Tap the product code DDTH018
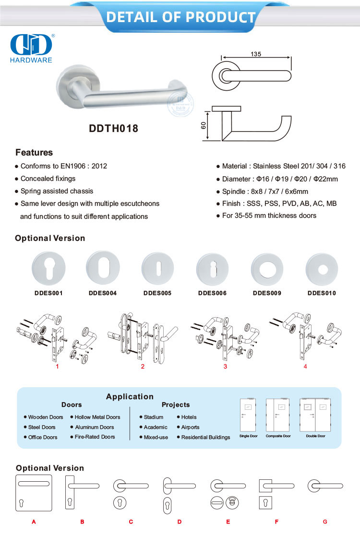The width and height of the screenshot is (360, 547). click(x=114, y=129)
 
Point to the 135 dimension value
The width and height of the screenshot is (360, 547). click(x=256, y=54)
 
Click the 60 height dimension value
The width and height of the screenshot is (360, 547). click(x=204, y=125)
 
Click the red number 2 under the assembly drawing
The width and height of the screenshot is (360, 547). click(x=143, y=367)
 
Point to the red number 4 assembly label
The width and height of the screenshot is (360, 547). click(x=305, y=367)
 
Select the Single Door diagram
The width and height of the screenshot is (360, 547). click(x=248, y=415)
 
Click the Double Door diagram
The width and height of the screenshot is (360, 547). click(x=315, y=415)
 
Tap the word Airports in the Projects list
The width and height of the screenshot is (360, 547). click(x=190, y=427)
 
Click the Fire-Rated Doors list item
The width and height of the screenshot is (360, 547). click(x=95, y=437)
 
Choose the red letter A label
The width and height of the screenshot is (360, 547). click(x=34, y=522)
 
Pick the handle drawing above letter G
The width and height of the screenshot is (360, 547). click(x=325, y=486)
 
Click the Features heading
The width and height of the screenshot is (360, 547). click(x=34, y=153)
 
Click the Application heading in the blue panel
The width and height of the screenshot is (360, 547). click(x=130, y=396)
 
